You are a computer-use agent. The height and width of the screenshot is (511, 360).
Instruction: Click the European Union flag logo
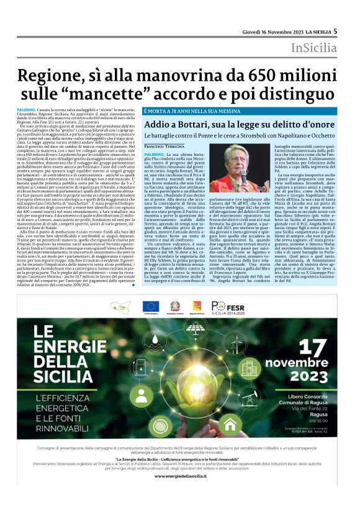point(150,305)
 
